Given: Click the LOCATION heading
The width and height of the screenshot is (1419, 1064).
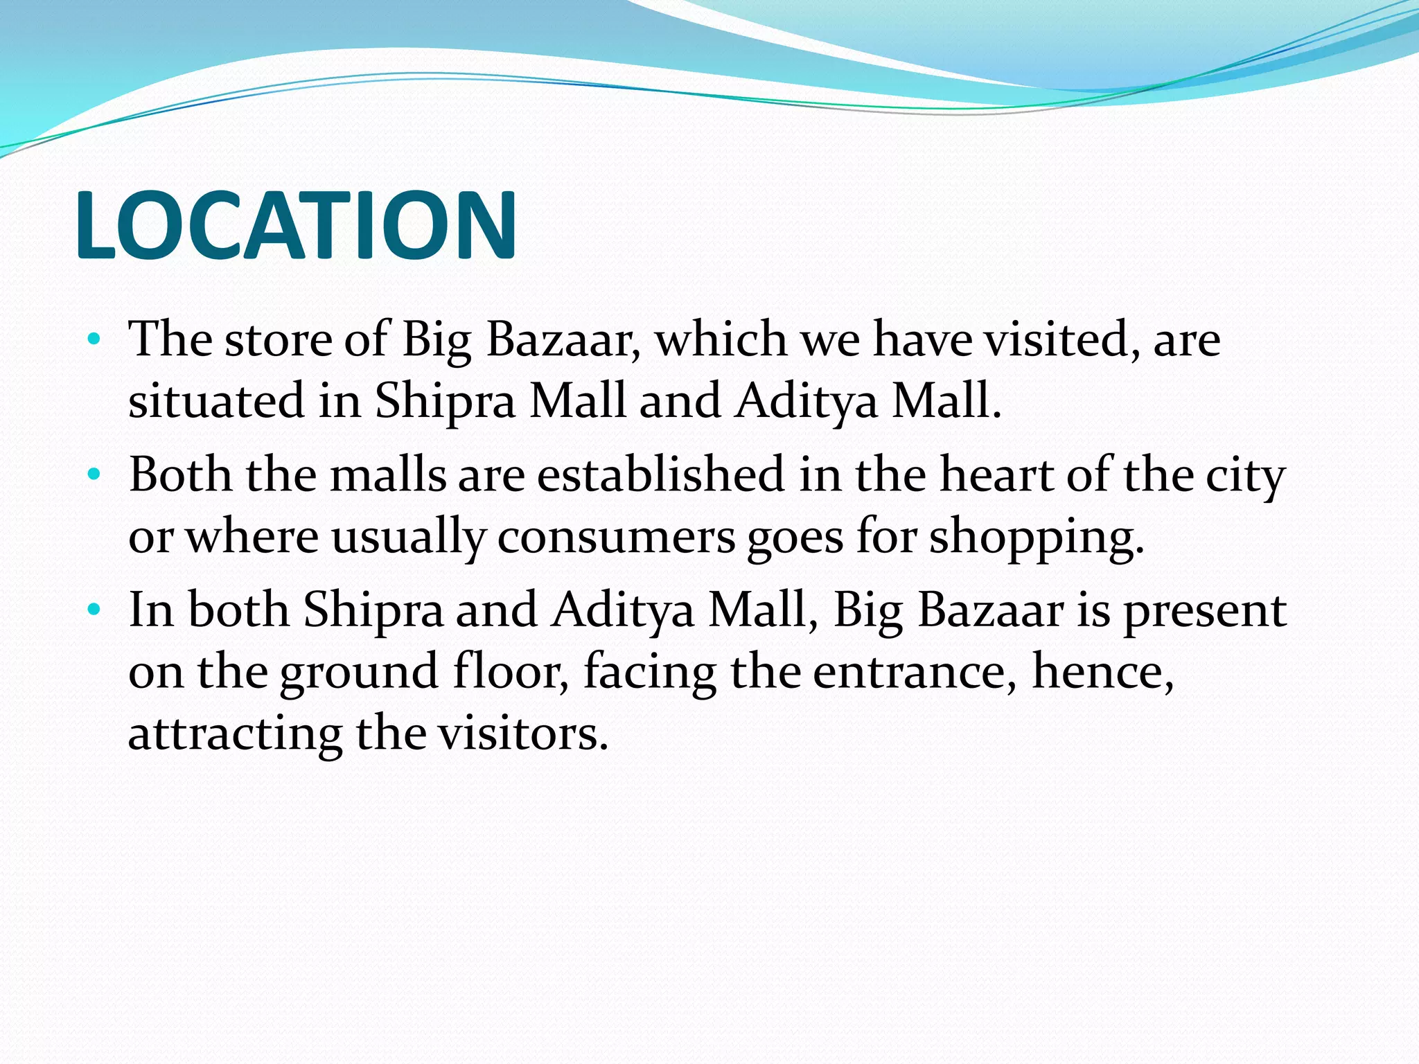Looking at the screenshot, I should (296, 226).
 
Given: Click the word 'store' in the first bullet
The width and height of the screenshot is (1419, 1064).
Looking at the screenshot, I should (278, 340).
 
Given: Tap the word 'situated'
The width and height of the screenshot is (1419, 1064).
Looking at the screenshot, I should (217, 401).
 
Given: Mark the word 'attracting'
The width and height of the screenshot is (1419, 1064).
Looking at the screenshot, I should (235, 734).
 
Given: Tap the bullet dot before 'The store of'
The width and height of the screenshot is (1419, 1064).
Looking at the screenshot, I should (95, 340).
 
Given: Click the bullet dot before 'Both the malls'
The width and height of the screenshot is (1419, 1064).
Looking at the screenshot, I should (95, 475).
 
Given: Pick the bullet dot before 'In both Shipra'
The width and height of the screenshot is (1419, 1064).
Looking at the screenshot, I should (95, 610).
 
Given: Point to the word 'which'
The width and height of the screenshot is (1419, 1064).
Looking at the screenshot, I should (721, 340).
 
